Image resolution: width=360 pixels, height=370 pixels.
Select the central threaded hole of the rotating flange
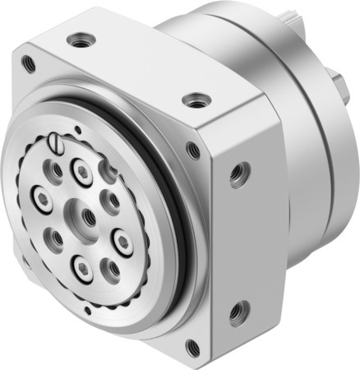coord(87,217)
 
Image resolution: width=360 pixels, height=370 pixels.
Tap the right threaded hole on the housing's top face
coord(195,100)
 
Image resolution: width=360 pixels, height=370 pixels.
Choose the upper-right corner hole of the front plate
coord(193,150)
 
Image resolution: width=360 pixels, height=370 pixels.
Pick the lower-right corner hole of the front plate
coord(192,346)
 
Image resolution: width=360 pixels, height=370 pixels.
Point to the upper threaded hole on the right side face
coord(238,172)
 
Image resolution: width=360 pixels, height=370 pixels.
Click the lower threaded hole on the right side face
coord(238,312)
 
